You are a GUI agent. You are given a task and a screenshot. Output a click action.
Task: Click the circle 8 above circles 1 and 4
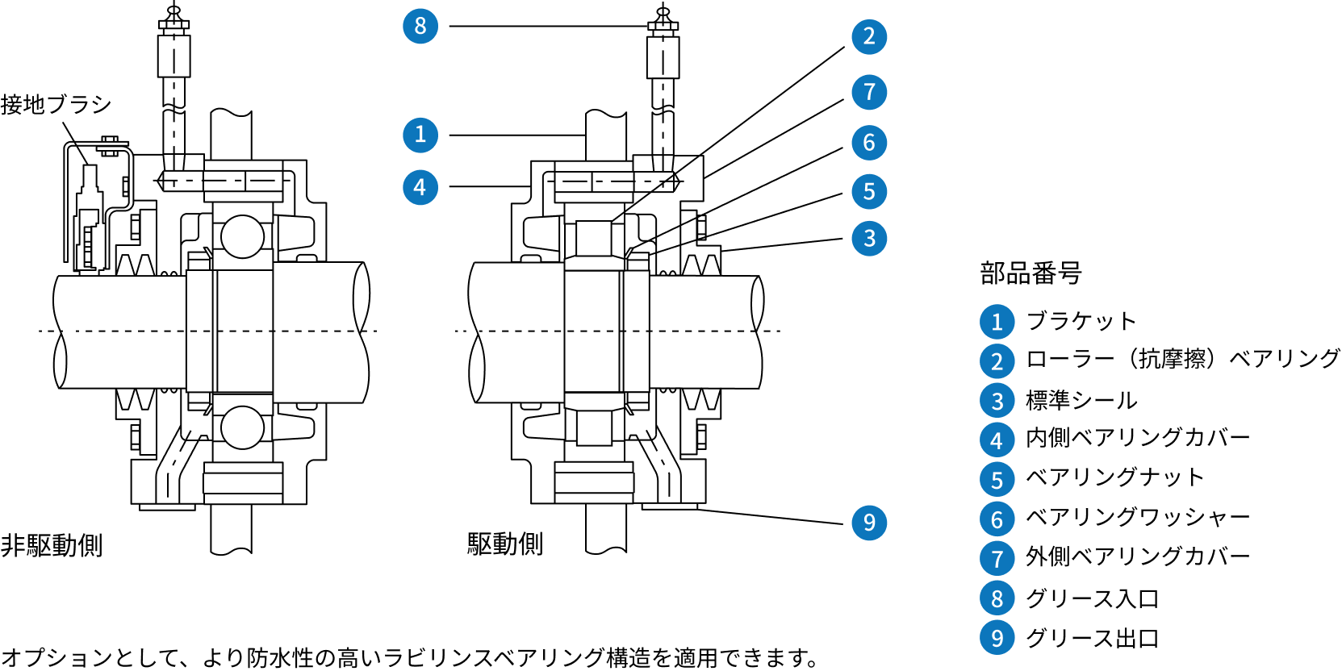coord(420,26)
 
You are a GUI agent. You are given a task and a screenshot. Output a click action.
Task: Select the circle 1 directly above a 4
coord(420,135)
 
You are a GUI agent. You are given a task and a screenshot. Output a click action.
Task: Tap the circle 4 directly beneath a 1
coord(420,187)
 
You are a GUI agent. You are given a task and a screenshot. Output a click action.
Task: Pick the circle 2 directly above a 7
coord(869,36)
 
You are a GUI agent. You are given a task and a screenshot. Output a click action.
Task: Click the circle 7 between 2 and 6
coord(869,92)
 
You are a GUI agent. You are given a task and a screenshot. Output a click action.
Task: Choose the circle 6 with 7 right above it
coord(869,143)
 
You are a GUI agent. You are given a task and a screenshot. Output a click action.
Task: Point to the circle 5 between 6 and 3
coord(869,191)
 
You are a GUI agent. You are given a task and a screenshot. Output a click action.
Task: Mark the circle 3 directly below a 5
coord(869,238)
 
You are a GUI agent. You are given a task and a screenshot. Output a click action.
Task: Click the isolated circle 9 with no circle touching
coord(869,523)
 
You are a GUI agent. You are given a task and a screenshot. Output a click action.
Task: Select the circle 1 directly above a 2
coord(997,322)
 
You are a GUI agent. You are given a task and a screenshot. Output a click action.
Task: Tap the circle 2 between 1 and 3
coord(997,361)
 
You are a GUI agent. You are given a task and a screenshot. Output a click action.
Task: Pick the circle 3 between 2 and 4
coord(997,400)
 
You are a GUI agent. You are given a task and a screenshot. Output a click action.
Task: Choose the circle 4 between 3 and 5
coord(997,440)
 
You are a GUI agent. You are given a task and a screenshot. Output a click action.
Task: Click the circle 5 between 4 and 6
coord(997,479)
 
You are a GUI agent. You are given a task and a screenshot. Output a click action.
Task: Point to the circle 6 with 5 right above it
coord(997,519)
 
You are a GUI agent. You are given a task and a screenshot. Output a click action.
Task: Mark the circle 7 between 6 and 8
coord(997,558)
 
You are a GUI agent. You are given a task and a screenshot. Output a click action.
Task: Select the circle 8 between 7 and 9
coord(997,598)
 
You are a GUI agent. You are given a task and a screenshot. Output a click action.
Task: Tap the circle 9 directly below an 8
coord(997,637)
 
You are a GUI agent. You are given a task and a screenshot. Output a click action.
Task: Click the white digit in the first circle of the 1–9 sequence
coord(997,323)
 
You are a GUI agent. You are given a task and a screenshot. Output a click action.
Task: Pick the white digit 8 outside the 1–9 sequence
coord(420,26)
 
